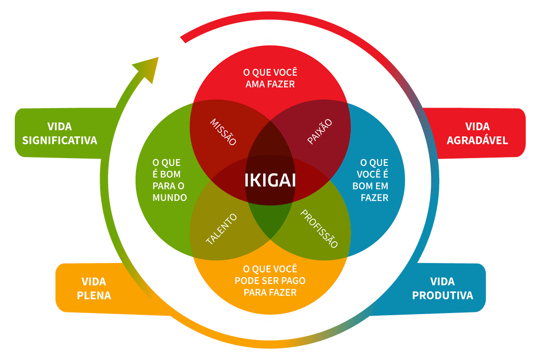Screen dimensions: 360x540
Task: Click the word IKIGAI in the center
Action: click(x=270, y=180)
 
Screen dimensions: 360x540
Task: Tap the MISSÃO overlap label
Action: click(x=223, y=132)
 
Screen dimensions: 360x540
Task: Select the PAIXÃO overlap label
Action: click(x=320, y=132)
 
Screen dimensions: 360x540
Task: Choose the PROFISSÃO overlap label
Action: click(x=319, y=229)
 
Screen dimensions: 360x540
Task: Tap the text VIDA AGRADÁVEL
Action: click(x=477, y=133)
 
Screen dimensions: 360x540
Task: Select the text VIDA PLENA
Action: click(x=94, y=288)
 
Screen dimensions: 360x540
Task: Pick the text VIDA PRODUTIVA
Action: click(x=442, y=288)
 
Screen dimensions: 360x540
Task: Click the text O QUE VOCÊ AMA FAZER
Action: click(x=270, y=77)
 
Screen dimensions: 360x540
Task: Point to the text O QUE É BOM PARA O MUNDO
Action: click(x=170, y=180)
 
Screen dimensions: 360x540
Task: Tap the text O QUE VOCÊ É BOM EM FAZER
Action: click(x=374, y=180)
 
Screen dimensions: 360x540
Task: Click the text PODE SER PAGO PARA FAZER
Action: click(x=270, y=280)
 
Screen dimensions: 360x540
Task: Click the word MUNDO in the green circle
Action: click(x=170, y=198)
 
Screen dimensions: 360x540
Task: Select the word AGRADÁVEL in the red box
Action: click(x=477, y=140)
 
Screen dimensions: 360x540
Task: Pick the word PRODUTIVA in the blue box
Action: click(x=442, y=295)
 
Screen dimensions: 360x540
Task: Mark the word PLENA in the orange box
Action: click(x=94, y=295)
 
